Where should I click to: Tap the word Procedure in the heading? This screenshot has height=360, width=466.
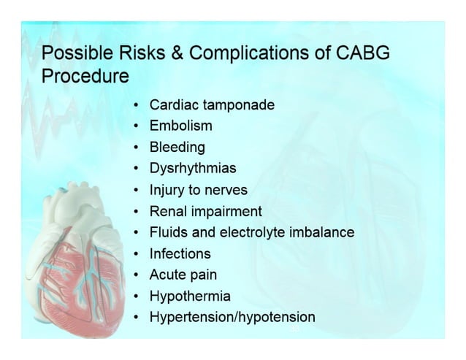click(85, 76)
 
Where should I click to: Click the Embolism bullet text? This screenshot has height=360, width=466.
click(180, 126)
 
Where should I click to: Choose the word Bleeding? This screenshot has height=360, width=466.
click(177, 148)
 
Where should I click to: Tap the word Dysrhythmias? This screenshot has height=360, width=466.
click(192, 169)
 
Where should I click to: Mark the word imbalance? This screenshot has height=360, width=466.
click(325, 232)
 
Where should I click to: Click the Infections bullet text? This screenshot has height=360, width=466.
click(180, 253)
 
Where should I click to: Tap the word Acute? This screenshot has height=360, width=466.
click(167, 275)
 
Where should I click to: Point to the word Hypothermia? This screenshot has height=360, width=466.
click(190, 296)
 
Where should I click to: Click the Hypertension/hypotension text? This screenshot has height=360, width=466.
click(232, 317)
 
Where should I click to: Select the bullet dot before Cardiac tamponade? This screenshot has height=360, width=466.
click(137, 106)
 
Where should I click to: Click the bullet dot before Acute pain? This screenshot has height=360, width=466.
click(137, 275)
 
